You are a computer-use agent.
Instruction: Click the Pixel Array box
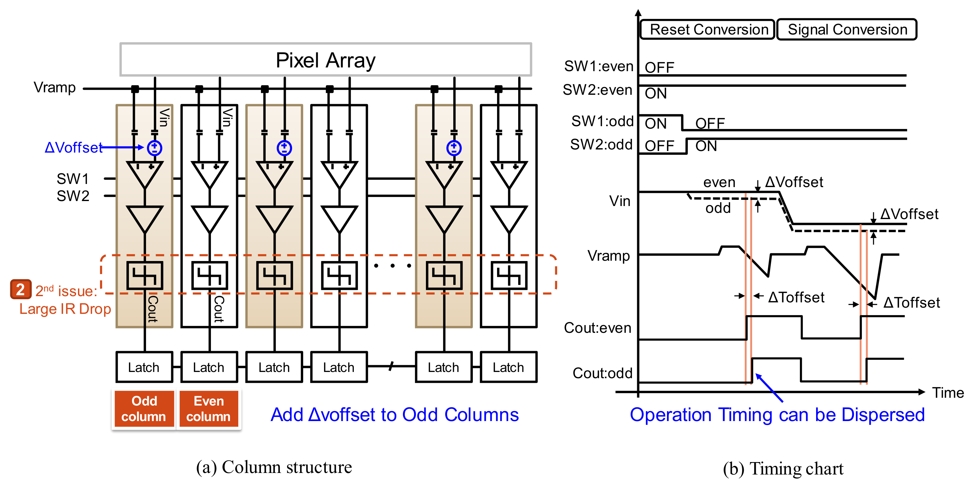[325, 60]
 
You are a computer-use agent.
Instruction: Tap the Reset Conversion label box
[708, 30]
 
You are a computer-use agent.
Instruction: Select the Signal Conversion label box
[847, 30]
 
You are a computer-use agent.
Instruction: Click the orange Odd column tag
[144, 409]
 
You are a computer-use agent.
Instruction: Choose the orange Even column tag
[208, 409]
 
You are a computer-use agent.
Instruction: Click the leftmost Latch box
[144, 367]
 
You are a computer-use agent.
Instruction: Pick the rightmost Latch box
[509, 367]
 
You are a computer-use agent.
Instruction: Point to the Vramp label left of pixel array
[54, 88]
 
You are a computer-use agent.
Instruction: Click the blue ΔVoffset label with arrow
[73, 147]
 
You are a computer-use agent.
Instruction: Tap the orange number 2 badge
[21, 290]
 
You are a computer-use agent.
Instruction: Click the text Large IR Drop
[65, 309]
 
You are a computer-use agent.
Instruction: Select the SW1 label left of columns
[72, 178]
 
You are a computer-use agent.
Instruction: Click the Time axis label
[947, 393]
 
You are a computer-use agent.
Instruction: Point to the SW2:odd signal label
[601, 144]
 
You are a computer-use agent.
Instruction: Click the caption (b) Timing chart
[783, 469]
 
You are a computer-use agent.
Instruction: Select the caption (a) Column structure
[274, 467]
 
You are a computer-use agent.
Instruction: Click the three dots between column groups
[392, 266]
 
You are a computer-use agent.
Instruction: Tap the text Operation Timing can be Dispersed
[777, 415]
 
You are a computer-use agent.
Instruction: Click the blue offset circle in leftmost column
[154, 148]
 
